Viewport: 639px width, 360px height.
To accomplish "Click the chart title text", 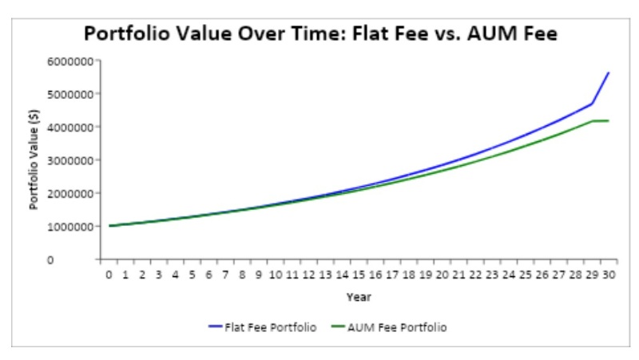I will [319, 34].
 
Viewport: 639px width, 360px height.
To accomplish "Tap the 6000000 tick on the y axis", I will [72, 61].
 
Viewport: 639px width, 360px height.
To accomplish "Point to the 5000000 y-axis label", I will [72, 94].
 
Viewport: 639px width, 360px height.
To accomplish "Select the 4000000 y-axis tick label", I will [72, 127].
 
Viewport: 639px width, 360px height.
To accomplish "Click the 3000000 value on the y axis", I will [72, 160].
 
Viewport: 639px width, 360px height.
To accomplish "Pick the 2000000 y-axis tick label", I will [72, 193].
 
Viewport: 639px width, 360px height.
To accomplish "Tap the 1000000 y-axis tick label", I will [72, 227].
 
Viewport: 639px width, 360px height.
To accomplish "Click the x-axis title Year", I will [358, 297].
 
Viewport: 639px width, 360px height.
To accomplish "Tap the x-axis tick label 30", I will [609, 275].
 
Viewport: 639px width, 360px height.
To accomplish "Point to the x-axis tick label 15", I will [359, 275].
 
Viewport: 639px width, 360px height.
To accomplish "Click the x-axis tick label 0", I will [109, 275].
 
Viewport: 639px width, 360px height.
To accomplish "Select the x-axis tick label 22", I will [475, 275].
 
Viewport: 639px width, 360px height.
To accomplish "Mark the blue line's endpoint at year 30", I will [609, 73].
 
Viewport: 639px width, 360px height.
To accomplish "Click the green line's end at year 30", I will [609, 121].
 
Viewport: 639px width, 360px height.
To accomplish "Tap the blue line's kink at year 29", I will [592, 104].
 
